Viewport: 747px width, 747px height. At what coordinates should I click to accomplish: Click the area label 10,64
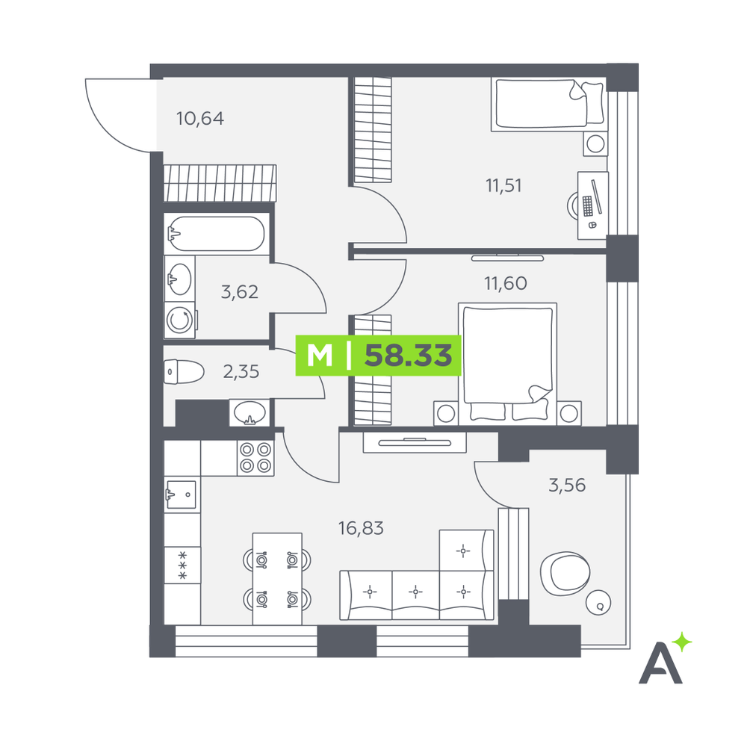click(200, 119)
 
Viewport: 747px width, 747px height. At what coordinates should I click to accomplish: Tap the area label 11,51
click(503, 185)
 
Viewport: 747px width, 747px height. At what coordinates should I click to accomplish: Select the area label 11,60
click(506, 283)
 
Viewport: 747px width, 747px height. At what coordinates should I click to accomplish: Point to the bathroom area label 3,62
click(240, 291)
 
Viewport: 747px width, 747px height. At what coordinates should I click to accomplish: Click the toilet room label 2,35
click(241, 371)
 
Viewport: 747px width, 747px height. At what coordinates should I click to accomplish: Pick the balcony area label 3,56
click(567, 486)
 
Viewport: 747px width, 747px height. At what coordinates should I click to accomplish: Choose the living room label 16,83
click(361, 528)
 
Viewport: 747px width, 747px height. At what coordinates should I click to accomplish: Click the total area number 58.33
click(409, 356)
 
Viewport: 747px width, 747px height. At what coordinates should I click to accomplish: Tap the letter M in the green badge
click(319, 356)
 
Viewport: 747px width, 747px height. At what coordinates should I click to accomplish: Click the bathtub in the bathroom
click(216, 233)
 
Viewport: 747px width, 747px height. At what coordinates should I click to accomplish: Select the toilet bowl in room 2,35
click(184, 371)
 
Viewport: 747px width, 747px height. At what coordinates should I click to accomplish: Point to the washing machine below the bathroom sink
click(180, 320)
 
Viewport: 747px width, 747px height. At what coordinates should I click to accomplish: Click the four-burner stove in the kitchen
click(255, 458)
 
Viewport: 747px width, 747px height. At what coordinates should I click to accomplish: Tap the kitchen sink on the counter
click(181, 495)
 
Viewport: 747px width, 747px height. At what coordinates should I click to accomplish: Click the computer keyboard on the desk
click(587, 206)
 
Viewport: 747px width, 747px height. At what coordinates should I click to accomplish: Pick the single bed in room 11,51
click(549, 105)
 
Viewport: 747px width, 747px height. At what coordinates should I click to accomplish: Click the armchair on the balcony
click(565, 574)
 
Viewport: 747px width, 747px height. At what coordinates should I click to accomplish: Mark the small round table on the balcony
click(598, 603)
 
